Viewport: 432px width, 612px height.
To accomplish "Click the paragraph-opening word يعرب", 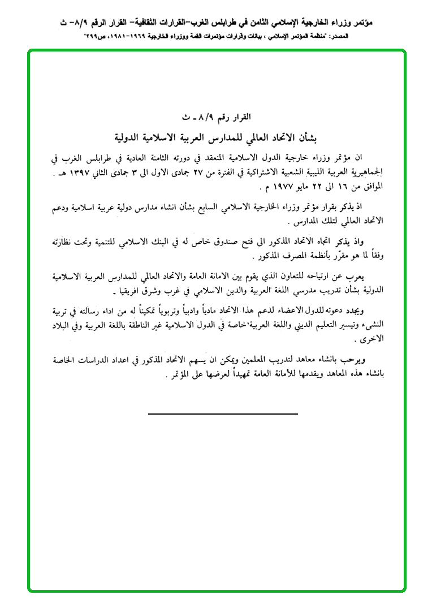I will [x=368, y=277].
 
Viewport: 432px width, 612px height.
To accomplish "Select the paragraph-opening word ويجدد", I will [x=365, y=311].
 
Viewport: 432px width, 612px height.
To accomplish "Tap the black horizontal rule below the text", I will [x=223, y=414].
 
